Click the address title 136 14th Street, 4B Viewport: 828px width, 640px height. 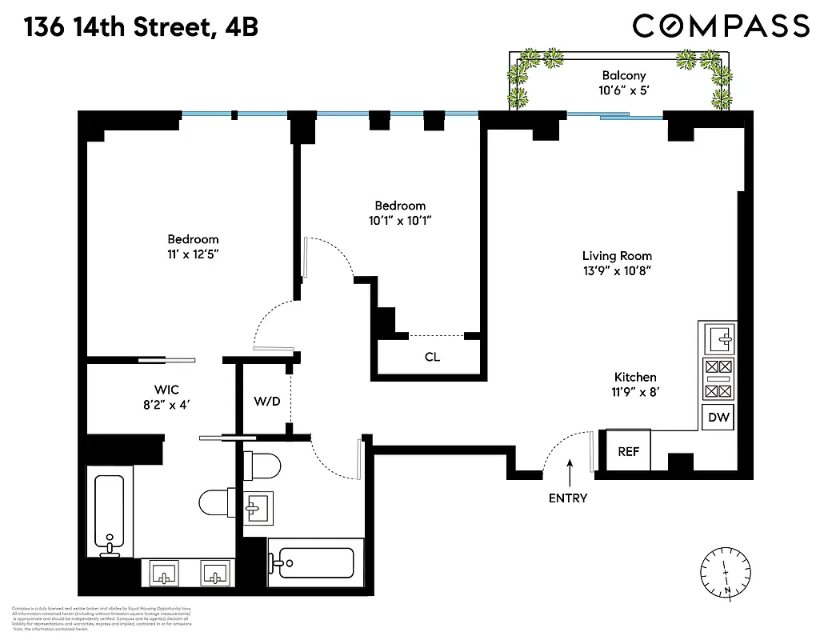pos(140,27)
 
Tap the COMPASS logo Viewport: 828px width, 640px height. pos(720,26)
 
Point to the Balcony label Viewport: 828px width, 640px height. pos(623,76)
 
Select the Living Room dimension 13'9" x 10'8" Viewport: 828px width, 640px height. pos(616,271)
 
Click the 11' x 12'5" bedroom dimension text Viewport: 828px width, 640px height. pos(192,254)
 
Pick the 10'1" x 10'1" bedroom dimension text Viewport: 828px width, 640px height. pos(400,221)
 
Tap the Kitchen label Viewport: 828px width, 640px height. pos(635,377)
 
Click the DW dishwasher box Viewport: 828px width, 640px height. pos(718,418)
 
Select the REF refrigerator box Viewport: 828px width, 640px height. pos(629,451)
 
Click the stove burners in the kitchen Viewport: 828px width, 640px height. pos(718,379)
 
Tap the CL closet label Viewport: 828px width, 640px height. pos(432,357)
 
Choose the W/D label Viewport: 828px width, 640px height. pos(267,400)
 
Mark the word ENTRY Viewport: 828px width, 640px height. pos(568,498)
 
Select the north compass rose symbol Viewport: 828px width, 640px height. pos(726,572)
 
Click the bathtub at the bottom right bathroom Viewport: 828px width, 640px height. pos(313,563)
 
